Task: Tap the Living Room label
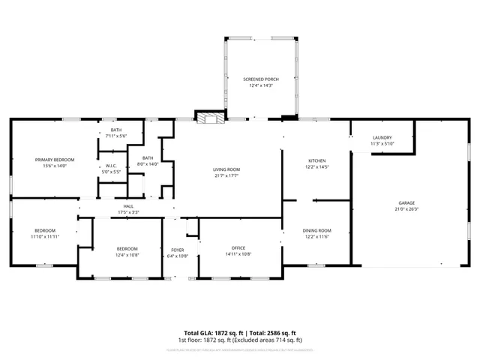[226, 169]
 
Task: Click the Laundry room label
[382, 137]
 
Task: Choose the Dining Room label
[316, 230]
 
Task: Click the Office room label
[238, 248]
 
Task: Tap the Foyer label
[178, 250]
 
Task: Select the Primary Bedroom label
[54, 160]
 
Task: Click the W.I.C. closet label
[111, 166]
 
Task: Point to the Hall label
[128, 206]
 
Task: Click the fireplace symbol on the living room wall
[209, 117]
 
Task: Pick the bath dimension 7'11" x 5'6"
[116, 136]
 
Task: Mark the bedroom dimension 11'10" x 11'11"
[45, 236]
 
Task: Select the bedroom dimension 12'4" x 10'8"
[127, 254]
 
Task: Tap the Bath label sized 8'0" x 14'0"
[148, 157]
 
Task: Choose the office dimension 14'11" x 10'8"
[238, 254]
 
